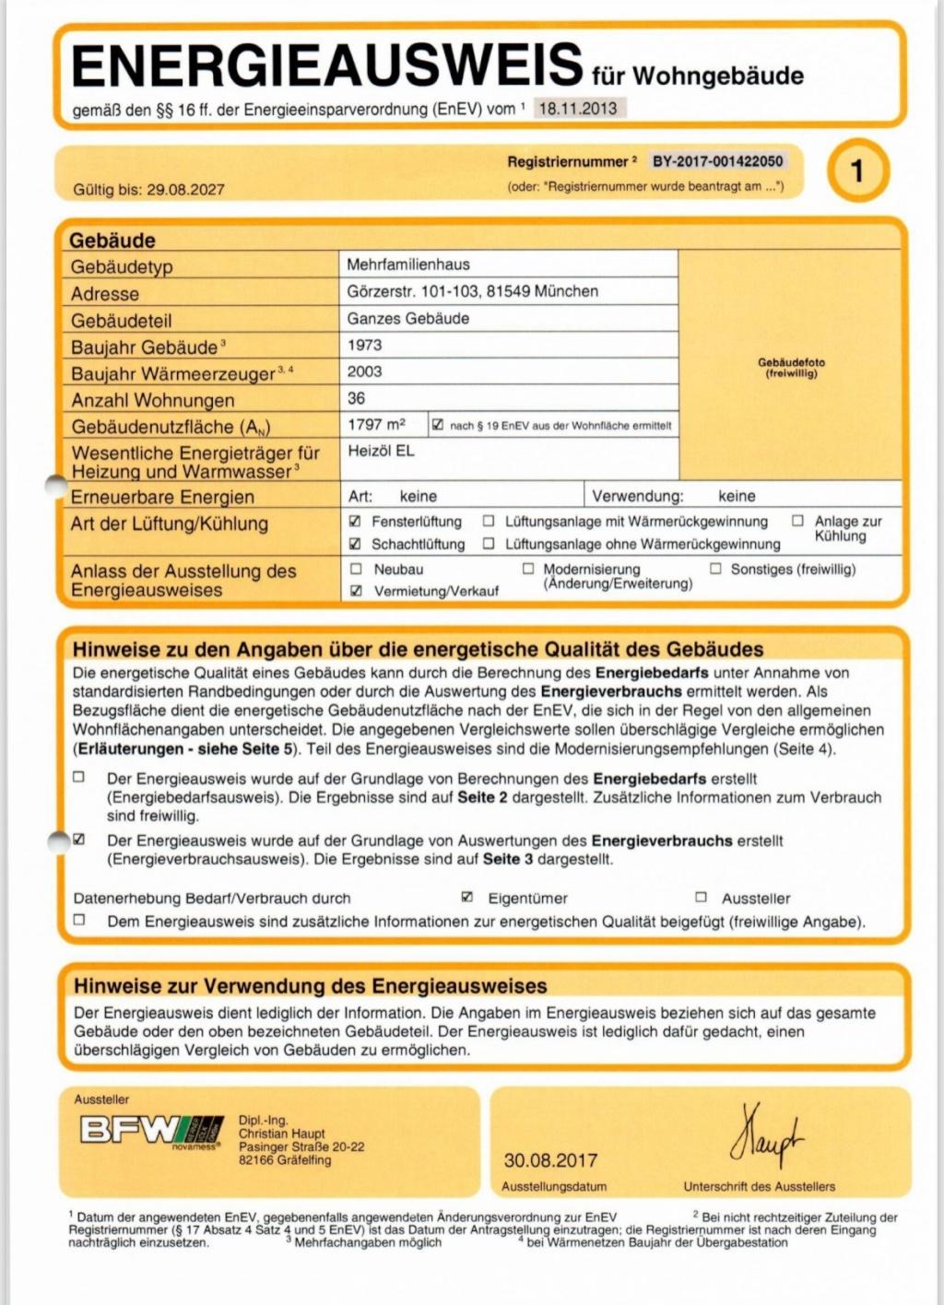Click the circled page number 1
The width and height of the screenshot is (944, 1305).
pyautogui.click(x=857, y=170)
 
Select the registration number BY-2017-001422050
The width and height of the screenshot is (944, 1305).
pyautogui.click(x=717, y=161)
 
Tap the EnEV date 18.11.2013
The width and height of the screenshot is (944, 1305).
pyautogui.click(x=578, y=108)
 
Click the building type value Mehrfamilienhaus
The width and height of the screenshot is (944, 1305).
pyautogui.click(x=408, y=265)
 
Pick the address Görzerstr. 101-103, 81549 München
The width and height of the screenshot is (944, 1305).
pyautogui.click(x=472, y=291)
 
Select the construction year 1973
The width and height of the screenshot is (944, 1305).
pyautogui.click(x=364, y=345)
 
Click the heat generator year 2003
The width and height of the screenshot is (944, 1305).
pyautogui.click(x=364, y=371)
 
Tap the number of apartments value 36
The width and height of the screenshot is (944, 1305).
pyautogui.click(x=356, y=398)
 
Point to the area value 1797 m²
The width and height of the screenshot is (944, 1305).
pyautogui.click(x=376, y=425)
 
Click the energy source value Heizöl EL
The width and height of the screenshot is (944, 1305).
pyautogui.click(x=381, y=451)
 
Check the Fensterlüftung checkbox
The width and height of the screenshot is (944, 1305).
pyautogui.click(x=356, y=521)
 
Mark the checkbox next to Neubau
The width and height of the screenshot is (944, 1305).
pyautogui.click(x=356, y=569)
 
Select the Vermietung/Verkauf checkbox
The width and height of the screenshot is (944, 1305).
pyautogui.click(x=356, y=591)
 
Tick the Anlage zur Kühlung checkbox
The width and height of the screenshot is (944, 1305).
pyautogui.click(x=797, y=521)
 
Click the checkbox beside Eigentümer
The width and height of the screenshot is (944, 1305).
pyautogui.click(x=467, y=897)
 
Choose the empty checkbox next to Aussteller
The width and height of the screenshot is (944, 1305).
pyautogui.click(x=701, y=897)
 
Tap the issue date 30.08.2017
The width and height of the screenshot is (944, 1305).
pyautogui.click(x=550, y=1160)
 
